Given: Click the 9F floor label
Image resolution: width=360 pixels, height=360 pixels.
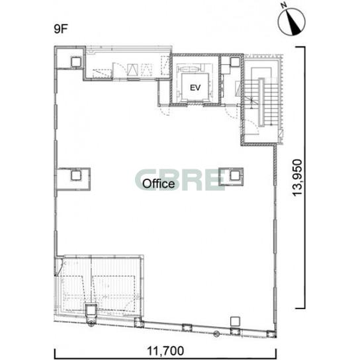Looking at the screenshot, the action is click(x=61, y=29).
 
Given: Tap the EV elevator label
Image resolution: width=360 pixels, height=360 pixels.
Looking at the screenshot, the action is click(x=195, y=87).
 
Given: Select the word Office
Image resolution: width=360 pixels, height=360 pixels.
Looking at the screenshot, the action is click(x=158, y=184).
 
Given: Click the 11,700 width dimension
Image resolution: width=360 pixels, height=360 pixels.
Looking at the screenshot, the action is click(x=165, y=351).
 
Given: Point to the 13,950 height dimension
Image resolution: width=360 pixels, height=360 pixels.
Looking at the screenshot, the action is click(x=298, y=177).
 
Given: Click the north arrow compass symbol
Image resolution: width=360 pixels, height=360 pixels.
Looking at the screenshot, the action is click(x=292, y=22).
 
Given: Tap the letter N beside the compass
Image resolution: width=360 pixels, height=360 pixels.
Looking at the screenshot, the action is click(x=285, y=5).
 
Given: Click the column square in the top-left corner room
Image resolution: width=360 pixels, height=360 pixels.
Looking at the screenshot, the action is click(x=76, y=62).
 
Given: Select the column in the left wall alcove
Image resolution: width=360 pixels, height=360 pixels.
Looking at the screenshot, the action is click(x=75, y=175).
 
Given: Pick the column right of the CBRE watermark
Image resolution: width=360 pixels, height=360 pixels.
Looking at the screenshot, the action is click(x=234, y=175).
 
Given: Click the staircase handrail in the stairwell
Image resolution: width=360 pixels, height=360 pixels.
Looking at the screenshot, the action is click(x=261, y=103).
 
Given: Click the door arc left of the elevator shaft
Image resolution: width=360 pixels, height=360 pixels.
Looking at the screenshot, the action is click(x=165, y=111).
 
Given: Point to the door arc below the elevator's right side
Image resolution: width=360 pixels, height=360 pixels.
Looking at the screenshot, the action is click(x=231, y=112).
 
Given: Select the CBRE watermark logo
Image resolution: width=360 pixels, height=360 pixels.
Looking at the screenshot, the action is click(x=180, y=180).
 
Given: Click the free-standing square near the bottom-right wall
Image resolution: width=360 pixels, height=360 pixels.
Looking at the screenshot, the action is click(x=235, y=322).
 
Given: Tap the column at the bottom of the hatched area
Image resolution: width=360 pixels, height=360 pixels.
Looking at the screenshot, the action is click(x=91, y=310).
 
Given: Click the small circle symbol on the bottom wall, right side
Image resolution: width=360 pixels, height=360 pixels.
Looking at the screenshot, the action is click(x=216, y=334).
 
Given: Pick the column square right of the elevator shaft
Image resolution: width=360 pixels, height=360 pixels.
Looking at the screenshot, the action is click(x=235, y=62).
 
